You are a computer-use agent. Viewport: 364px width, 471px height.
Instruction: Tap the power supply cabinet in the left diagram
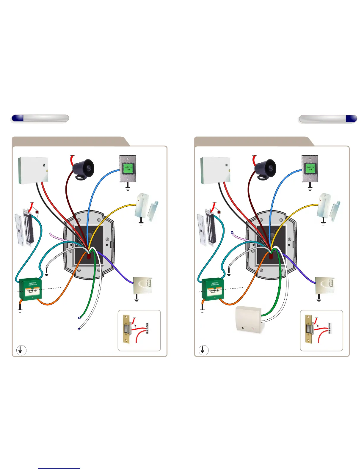(x=33, y=170)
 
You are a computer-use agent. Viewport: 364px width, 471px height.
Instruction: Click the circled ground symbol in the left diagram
(x=21, y=350)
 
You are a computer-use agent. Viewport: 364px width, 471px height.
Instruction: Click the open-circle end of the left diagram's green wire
(x=79, y=318)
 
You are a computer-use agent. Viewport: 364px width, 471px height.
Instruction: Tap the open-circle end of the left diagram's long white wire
(x=79, y=329)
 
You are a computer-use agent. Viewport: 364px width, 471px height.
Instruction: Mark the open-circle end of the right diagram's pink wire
(x=232, y=232)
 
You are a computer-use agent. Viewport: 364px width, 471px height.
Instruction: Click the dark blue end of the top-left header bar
(x=18, y=118)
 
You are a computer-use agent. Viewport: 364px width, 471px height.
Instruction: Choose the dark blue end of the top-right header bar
(x=351, y=118)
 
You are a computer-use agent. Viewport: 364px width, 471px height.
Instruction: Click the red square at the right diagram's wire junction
(x=271, y=255)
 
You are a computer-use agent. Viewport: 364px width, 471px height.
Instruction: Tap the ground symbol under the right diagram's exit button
(x=310, y=186)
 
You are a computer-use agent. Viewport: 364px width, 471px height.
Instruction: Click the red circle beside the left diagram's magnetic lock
(x=37, y=212)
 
